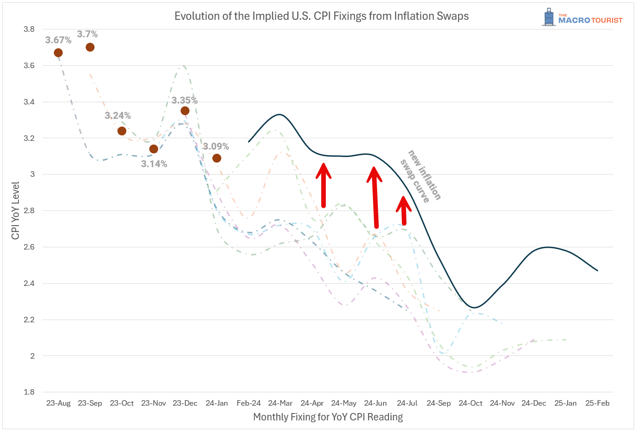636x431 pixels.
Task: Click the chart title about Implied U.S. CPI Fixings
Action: [321, 16]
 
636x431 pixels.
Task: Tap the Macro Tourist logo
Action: [582, 17]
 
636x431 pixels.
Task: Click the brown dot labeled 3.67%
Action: [58, 53]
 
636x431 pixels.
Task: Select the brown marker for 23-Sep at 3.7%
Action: [90, 47]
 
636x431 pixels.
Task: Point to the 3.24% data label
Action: [118, 116]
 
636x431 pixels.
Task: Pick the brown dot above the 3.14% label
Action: [153, 149]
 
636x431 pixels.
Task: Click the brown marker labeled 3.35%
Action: [185, 111]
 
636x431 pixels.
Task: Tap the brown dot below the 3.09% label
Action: [217, 158]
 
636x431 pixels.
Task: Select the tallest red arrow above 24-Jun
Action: [375, 197]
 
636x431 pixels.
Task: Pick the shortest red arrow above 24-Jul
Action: [403, 210]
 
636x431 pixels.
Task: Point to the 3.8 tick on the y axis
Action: [29, 29]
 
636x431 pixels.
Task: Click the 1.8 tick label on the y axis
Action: [29, 392]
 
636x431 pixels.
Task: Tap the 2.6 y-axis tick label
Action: [29, 247]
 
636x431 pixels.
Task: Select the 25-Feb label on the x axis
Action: [597, 403]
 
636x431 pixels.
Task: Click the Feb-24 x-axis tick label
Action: [248, 403]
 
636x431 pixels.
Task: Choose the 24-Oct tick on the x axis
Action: [470, 403]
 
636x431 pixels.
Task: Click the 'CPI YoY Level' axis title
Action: [16, 210]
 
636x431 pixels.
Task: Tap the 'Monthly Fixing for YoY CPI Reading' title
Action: [328, 417]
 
